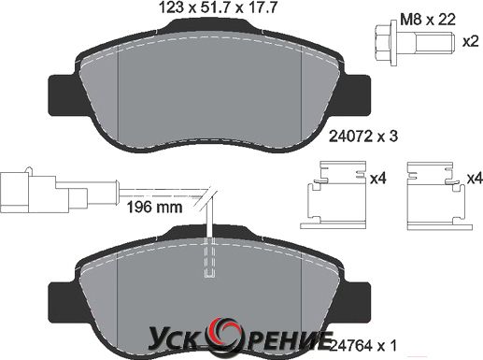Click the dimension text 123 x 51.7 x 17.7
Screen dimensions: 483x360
218,7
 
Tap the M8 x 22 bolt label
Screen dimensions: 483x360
428,20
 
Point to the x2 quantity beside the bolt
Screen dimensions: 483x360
470,42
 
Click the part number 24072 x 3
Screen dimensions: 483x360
363,137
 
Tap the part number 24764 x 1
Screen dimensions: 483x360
363,346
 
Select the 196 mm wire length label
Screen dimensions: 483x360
155,207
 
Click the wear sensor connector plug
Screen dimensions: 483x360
44,192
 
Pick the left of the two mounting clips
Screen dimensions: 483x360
334,195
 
